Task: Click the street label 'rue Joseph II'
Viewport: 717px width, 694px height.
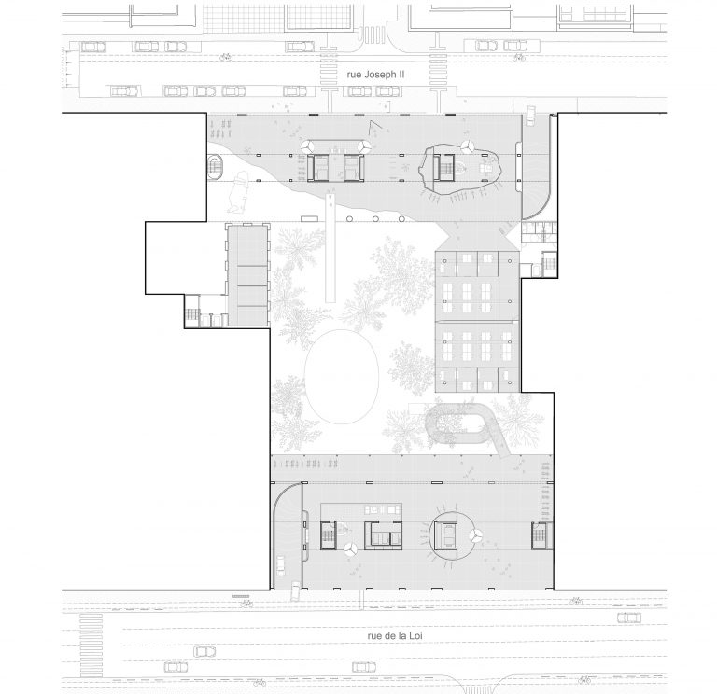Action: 375,75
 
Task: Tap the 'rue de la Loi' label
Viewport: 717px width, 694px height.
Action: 395,635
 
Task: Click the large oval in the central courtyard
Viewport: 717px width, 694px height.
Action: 342,377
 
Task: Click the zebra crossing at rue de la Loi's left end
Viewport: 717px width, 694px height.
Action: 91,645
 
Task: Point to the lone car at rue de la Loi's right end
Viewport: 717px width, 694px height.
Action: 628,618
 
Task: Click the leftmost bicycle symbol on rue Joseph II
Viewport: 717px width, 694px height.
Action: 226,58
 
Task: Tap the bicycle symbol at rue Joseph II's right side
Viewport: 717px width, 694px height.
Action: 518,58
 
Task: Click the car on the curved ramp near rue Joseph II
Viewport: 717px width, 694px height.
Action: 530,115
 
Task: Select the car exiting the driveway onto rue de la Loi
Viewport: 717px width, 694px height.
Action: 295,590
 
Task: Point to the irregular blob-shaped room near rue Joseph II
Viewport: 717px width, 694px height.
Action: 460,169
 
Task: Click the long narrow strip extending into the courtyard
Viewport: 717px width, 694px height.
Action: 330,247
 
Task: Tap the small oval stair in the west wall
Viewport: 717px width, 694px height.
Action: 215,167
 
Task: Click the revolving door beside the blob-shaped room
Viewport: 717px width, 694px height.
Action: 467,146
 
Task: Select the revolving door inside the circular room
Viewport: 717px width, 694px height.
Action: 474,536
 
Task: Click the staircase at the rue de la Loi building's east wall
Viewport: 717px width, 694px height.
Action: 540,536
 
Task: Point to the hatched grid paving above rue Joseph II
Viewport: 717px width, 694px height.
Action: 243,19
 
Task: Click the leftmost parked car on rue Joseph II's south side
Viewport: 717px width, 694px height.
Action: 123,90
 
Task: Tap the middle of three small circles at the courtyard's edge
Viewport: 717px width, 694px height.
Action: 375,219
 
